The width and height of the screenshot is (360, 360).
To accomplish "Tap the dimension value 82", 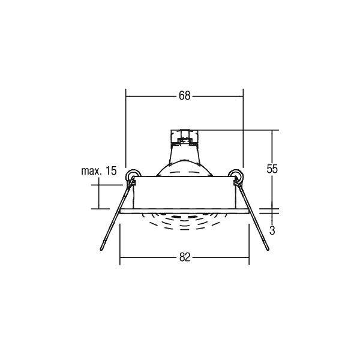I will click(x=184, y=257).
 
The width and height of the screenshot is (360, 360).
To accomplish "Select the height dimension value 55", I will click(x=272, y=169).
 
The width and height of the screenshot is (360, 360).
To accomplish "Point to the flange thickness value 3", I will click(x=272, y=230).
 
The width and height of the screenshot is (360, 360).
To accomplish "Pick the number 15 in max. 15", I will click(x=110, y=171).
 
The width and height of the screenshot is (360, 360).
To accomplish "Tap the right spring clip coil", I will click(x=236, y=175).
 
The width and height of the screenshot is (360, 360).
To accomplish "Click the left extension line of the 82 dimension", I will click(x=121, y=240).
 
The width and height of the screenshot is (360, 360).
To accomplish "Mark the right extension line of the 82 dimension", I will click(x=248, y=240).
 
